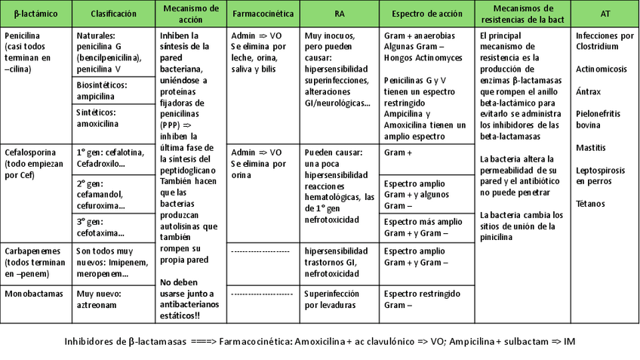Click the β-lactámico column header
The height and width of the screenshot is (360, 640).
[x=36, y=14]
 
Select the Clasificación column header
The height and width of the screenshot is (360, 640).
[x=113, y=14]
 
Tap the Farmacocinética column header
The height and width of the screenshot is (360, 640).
[x=263, y=14]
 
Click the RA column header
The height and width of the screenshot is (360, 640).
[x=340, y=14]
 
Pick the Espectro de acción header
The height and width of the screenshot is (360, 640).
[x=426, y=14]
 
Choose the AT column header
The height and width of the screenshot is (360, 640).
[x=605, y=14]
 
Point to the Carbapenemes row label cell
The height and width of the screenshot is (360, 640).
[x=36, y=259]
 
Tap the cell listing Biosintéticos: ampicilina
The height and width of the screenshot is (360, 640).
[x=113, y=90]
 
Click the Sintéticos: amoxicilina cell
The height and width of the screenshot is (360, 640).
[x=113, y=118]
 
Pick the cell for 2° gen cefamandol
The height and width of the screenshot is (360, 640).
[x=113, y=194]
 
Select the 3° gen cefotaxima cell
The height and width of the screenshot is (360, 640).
[x=113, y=227]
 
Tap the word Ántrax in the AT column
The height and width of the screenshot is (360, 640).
[x=589, y=91]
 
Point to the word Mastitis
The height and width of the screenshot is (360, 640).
[x=591, y=147]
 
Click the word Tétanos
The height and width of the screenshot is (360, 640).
[x=591, y=204]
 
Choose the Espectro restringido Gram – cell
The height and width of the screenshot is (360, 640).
[x=426, y=299]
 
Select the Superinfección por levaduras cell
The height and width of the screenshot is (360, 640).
[x=340, y=299]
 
